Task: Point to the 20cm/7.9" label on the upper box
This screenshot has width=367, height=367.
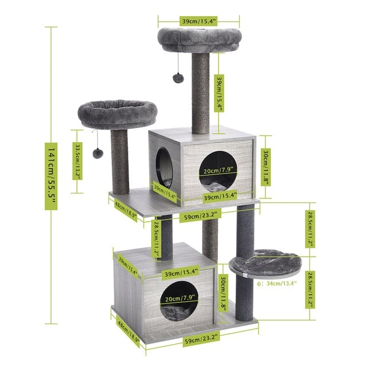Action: (x=216, y=170)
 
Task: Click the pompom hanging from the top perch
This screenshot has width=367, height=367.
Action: (x=178, y=77)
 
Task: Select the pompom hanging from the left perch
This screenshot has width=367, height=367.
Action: (x=98, y=153)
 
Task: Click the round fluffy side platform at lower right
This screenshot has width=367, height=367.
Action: (x=268, y=264)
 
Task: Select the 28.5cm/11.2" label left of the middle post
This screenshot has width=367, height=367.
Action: (x=155, y=239)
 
